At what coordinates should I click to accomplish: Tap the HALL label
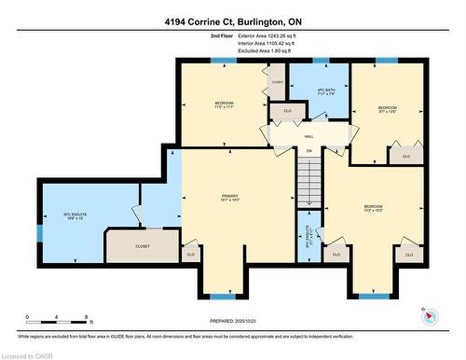tap(308, 134)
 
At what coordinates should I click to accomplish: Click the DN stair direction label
tap(308, 150)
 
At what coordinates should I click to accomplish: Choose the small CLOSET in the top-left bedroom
tap(278, 82)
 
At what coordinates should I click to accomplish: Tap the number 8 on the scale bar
tap(86, 318)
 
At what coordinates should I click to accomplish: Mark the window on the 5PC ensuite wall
tap(39, 231)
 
